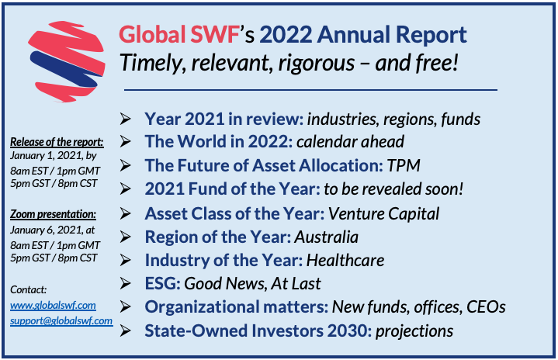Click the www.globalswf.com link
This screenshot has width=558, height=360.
[x=53, y=305]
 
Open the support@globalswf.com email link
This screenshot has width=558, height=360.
[x=61, y=320]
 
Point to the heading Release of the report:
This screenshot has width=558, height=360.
[x=56, y=141]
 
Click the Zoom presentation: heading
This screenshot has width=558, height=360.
[x=53, y=213]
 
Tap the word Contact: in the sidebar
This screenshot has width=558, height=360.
[x=29, y=289]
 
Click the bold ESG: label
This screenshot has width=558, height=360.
[x=162, y=283]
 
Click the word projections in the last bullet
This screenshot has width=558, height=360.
[x=414, y=331]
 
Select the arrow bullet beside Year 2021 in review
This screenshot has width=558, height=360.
[x=126, y=119]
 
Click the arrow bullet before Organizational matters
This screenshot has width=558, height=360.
[x=126, y=307]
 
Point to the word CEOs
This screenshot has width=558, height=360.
[x=486, y=307]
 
